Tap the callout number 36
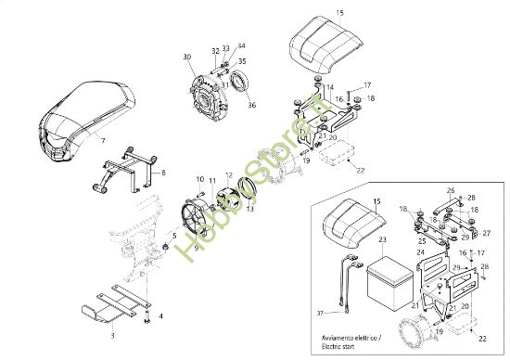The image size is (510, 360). click(x=251, y=105)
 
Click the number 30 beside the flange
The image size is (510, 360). click(x=187, y=58)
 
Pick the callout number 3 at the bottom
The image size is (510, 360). click(x=113, y=332)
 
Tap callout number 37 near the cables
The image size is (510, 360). click(x=321, y=313)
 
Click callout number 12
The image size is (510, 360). click(x=229, y=175)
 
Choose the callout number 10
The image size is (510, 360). click(x=199, y=179)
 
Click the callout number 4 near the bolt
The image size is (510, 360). click(x=161, y=316)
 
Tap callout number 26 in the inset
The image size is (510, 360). click(x=450, y=191)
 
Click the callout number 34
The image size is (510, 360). click(x=242, y=45)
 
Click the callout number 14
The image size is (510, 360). click(x=328, y=89)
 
